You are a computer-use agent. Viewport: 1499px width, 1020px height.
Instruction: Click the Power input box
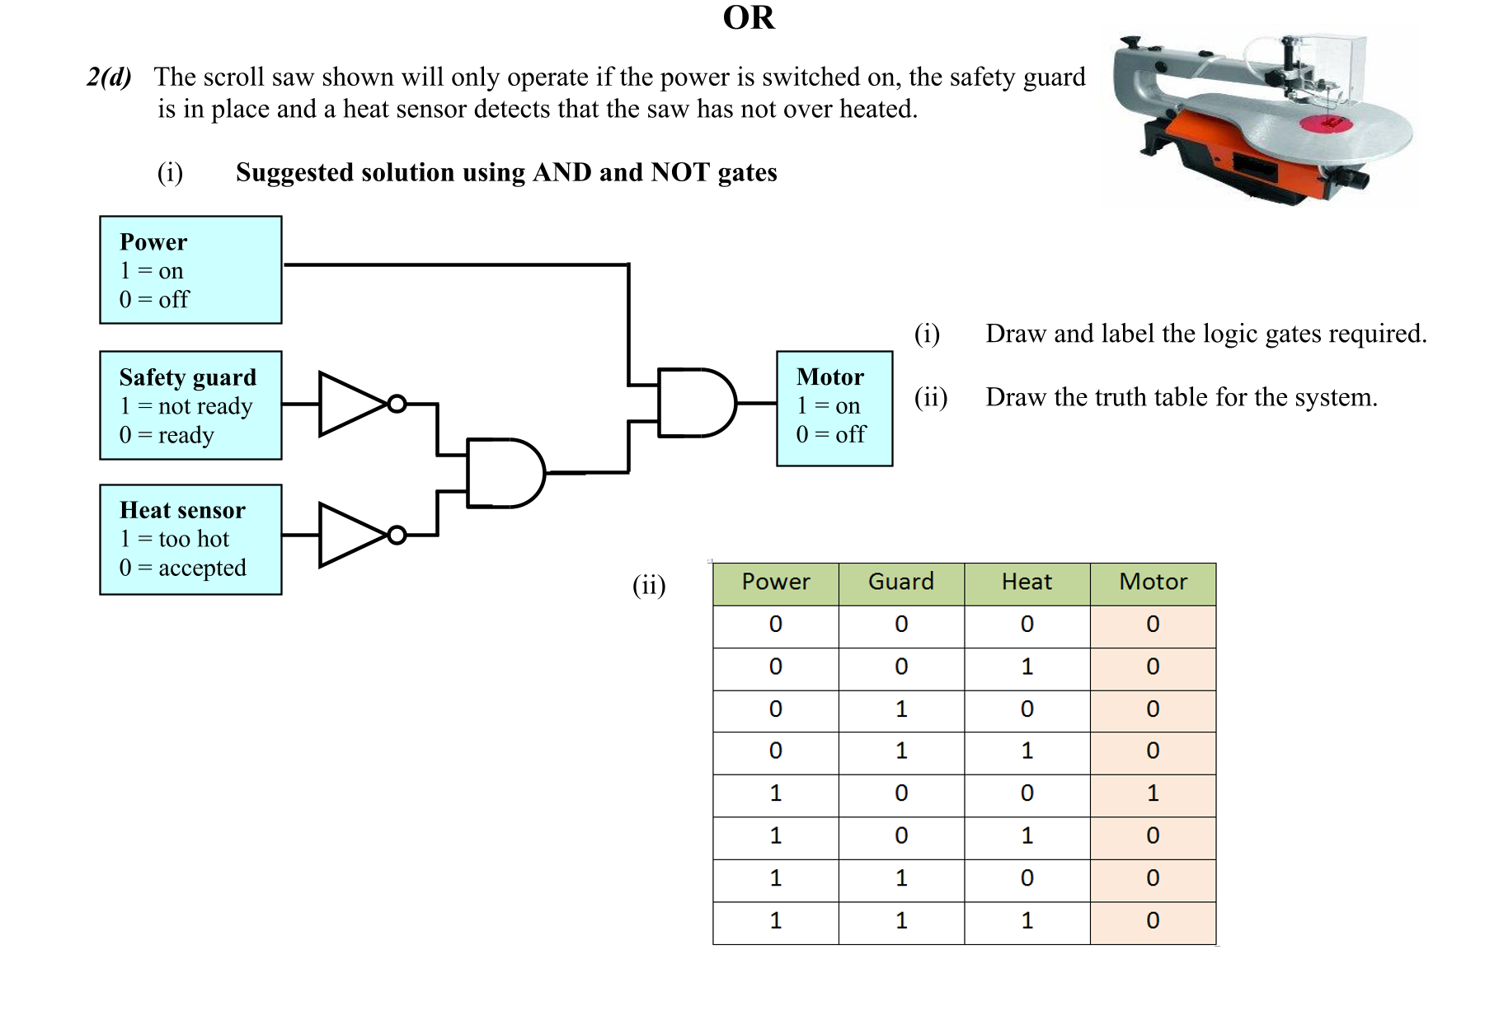tap(190, 270)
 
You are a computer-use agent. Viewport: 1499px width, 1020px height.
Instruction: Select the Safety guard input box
tap(190, 405)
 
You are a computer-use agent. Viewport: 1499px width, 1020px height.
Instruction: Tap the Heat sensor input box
tap(190, 540)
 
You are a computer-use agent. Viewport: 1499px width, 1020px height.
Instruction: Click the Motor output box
tap(834, 409)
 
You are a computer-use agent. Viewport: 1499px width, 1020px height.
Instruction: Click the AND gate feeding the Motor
tap(695, 403)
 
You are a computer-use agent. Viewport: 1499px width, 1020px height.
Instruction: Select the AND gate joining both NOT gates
tap(504, 473)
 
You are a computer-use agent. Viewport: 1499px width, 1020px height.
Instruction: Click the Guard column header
tap(900, 583)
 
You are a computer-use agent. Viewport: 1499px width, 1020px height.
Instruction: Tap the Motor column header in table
tap(1152, 583)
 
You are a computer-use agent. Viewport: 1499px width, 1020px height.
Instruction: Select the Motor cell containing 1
tap(1152, 793)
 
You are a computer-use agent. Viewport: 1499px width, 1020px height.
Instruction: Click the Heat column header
tap(1027, 583)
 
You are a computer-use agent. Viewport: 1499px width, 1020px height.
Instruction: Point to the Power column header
tap(775, 583)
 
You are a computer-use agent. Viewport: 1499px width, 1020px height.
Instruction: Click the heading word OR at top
tap(748, 18)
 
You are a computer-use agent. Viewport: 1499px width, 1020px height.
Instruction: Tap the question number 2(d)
tap(109, 77)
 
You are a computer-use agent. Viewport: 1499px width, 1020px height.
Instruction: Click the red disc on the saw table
tap(1326, 124)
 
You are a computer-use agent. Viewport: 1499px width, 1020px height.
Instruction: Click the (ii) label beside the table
tap(649, 585)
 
